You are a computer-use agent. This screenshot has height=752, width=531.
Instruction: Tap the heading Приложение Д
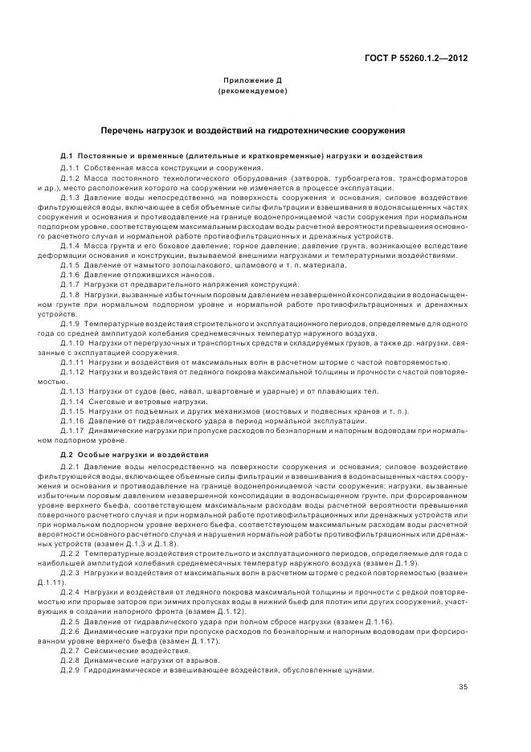tap(251, 82)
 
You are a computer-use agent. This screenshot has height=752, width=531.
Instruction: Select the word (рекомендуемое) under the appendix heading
tap(251, 92)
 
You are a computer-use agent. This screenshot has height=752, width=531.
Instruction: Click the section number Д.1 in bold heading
tap(67, 155)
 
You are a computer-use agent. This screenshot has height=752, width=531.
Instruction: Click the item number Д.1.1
tap(72, 167)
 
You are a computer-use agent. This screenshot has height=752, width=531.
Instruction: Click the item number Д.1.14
tap(74, 400)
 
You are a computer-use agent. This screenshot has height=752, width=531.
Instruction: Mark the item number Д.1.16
tap(74, 420)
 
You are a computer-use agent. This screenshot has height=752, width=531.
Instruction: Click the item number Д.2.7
tap(72, 649)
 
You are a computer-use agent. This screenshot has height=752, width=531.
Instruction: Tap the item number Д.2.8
tap(72, 660)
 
